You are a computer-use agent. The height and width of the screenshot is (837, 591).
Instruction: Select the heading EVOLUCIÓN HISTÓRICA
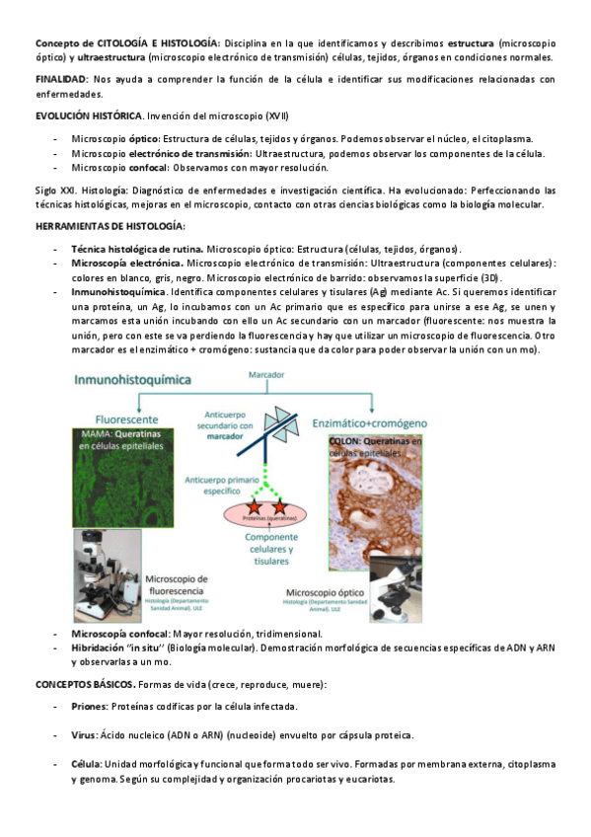point(89,116)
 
